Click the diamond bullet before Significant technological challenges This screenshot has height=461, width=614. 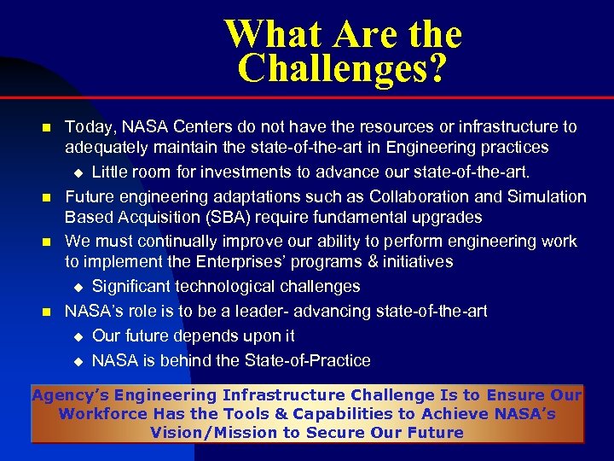point(76,288)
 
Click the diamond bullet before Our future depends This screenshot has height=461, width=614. point(76,336)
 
